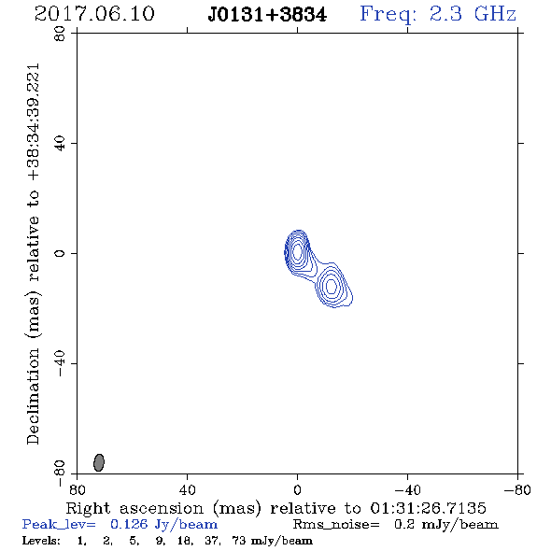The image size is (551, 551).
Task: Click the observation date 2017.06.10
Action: [94, 14]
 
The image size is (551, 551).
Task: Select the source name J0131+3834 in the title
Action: [267, 15]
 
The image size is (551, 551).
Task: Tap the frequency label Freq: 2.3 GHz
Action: [438, 14]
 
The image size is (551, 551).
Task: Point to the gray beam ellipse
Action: [99, 462]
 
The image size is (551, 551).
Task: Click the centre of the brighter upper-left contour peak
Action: [297, 251]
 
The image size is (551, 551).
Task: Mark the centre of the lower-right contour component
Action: [332, 286]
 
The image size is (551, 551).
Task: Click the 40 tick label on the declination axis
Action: [60, 143]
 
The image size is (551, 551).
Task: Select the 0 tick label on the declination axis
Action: [60, 253]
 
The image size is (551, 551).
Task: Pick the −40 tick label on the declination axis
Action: [60, 363]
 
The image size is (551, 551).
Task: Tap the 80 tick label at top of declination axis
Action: [60, 34]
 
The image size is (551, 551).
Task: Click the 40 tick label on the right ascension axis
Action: [187, 489]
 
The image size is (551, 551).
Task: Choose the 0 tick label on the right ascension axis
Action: [297, 489]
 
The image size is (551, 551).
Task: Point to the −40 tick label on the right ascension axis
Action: [407, 489]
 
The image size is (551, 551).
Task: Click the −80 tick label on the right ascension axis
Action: [517, 489]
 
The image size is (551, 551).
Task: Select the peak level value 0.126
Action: [129, 524]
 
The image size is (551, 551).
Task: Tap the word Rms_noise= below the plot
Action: [336, 525]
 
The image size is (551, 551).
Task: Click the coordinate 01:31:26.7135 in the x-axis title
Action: [428, 508]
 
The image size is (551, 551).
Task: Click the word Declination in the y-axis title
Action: [33, 396]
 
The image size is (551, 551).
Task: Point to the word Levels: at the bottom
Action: [41, 540]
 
